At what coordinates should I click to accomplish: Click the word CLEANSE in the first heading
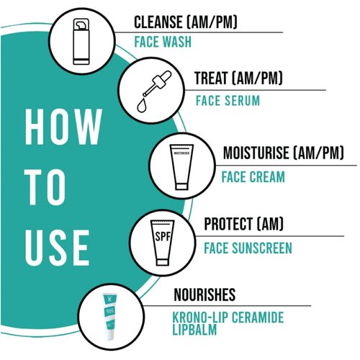click(x=161, y=22)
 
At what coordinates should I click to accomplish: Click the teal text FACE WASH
click(x=163, y=42)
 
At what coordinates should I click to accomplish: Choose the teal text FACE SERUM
click(x=227, y=100)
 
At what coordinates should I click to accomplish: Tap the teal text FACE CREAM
click(x=253, y=176)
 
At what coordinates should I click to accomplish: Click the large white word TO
click(x=45, y=190)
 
